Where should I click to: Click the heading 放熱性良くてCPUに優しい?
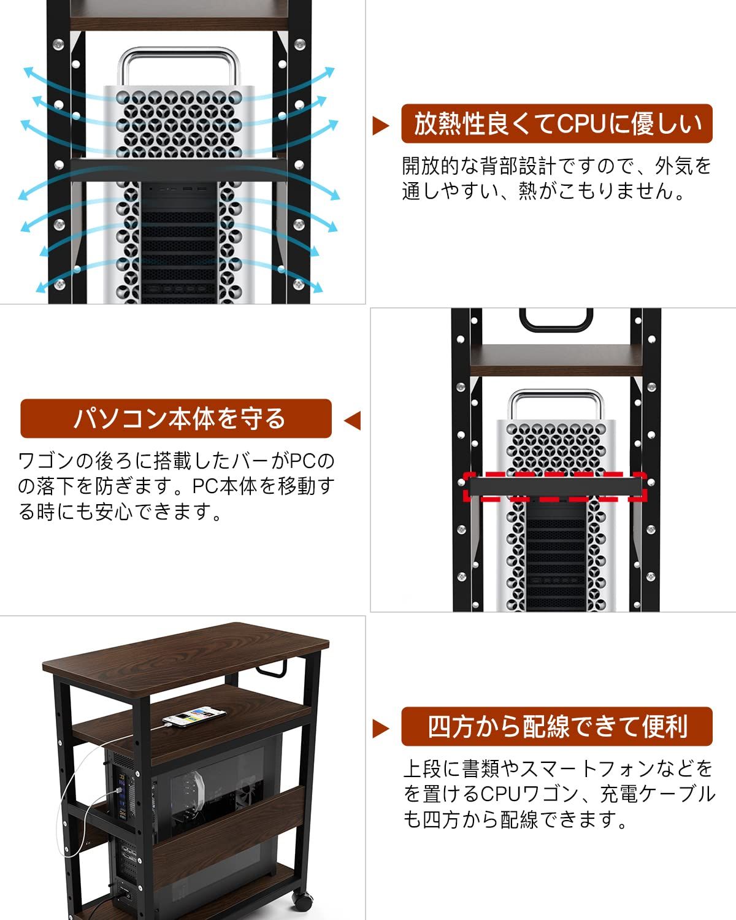click(556, 124)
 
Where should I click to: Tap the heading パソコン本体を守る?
click(176, 418)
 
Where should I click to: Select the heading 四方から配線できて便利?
click(556, 727)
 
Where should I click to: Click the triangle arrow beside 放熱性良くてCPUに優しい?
click(381, 126)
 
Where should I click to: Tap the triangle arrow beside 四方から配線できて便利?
click(381, 729)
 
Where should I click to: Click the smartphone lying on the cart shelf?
click(191, 716)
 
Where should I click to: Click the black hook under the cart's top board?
click(279, 669)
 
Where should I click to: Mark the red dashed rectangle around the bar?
click(555, 487)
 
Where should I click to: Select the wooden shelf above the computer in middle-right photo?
click(555, 359)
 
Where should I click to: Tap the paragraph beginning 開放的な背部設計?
click(556, 178)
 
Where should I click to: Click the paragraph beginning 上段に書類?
click(558, 793)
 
